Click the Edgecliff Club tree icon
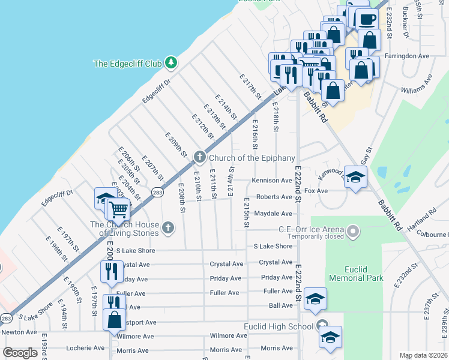pos(171,63)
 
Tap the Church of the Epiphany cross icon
pos(200,158)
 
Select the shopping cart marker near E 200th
pos(119,209)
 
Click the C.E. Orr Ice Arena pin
pos(354,230)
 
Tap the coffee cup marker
pos(367,19)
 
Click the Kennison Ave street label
pos(272,181)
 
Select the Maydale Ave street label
pos(273,214)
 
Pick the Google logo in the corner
pos(20,353)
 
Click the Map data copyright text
pos(423,355)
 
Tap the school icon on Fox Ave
pos(355,178)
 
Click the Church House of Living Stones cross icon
pos(168,227)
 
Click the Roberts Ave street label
pos(274,197)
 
